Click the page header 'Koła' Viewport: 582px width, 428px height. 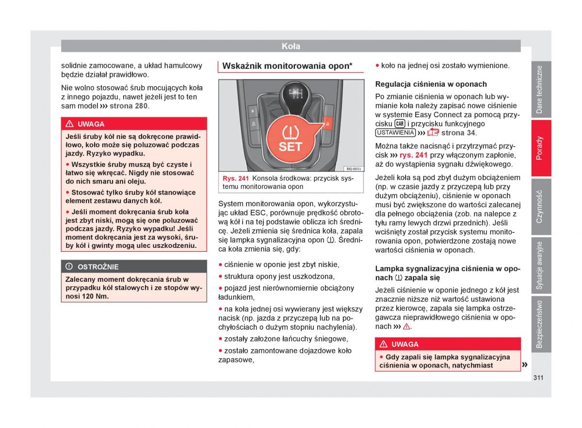tap(291, 46)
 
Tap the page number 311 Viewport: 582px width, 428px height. tap(537, 377)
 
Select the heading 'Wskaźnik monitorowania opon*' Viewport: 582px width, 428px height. tap(287, 66)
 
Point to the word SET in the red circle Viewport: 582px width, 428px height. tap(291, 146)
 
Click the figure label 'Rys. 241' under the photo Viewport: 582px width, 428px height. tap(236, 178)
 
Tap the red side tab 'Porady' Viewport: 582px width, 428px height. tap(540, 148)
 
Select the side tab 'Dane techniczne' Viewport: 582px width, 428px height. tap(540, 90)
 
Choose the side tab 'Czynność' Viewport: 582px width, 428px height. tap(540, 206)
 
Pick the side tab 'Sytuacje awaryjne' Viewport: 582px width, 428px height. tap(540, 265)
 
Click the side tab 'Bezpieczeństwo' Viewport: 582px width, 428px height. tap(540, 324)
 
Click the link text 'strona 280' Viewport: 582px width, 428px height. tap(129, 106)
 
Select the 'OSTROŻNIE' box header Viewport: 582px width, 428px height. tap(98, 267)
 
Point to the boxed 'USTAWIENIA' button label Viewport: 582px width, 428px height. tap(395, 133)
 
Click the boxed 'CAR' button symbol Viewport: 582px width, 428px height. tap(400, 123)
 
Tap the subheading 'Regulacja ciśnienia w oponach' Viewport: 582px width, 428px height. tap(431, 84)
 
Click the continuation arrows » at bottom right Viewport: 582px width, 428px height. tap(524, 364)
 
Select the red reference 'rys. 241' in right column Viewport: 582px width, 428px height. tap(413, 155)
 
